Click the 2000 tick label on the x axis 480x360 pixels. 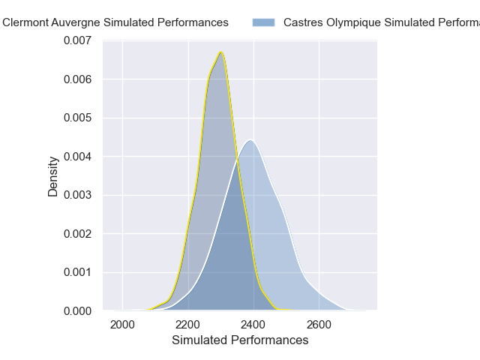pyautogui.click(x=122, y=325)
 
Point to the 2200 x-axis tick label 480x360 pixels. pyautogui.click(x=188, y=325)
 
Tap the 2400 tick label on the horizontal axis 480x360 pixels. pyautogui.click(x=253, y=325)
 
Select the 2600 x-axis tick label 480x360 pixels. pyautogui.click(x=319, y=325)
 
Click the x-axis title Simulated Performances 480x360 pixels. pyautogui.click(x=240, y=340)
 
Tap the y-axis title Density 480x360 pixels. pyautogui.click(x=53, y=176)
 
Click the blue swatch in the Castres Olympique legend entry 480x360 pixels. pyautogui.click(x=265, y=22)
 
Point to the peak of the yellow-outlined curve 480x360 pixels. pyautogui.click(x=221, y=52)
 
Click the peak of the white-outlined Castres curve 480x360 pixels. pyautogui.click(x=250, y=139)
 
